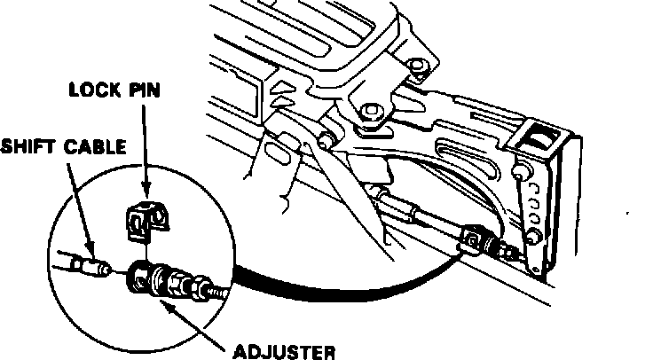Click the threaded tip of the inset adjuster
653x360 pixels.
[x=217, y=292]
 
